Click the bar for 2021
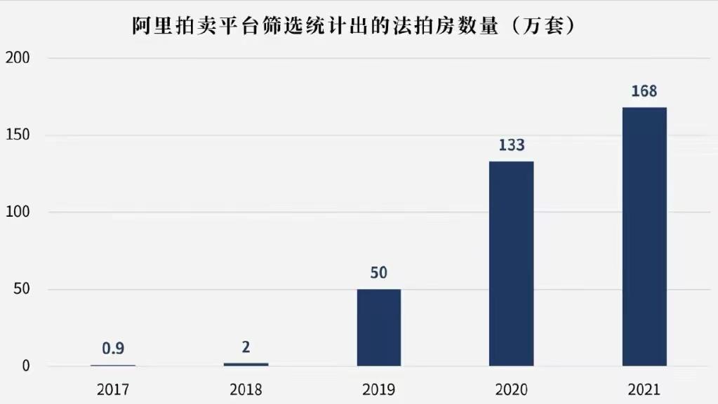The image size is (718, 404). [x=644, y=236]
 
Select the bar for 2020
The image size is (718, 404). [x=511, y=263]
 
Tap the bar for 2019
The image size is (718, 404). [x=378, y=327]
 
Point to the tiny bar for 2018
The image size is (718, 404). [x=246, y=364]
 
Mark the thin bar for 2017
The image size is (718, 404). [x=113, y=365]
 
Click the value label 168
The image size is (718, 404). [x=644, y=92]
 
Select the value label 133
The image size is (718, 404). [x=511, y=145]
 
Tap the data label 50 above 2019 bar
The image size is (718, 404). [x=378, y=273]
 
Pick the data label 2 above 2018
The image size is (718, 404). [x=246, y=347]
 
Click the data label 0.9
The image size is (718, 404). [x=113, y=348]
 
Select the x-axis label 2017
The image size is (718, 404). [x=113, y=389]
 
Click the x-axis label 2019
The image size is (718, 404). [x=378, y=389]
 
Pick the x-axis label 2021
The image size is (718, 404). [x=644, y=389]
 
